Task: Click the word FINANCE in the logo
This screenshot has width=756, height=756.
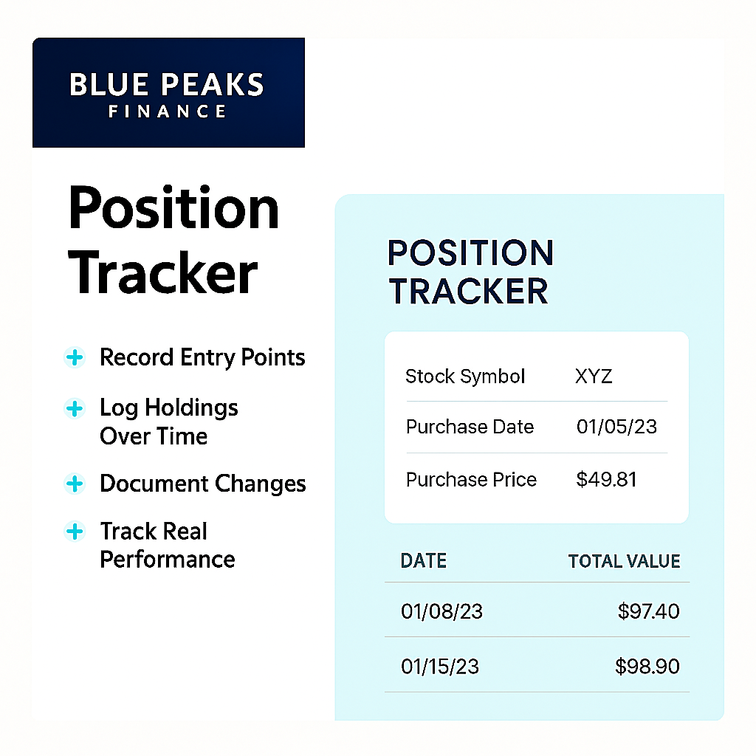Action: tap(167, 111)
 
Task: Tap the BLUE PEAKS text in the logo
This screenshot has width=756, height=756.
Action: tap(167, 84)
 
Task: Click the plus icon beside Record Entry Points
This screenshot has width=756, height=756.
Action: tap(75, 357)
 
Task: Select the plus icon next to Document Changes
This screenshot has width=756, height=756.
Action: tap(75, 484)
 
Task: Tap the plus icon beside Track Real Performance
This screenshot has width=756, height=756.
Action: tap(75, 532)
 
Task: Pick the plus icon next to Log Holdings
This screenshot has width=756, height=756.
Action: tap(75, 408)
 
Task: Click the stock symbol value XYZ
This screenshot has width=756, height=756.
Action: tap(594, 376)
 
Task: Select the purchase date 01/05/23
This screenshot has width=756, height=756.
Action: tap(616, 427)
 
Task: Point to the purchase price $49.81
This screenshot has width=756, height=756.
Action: tap(607, 479)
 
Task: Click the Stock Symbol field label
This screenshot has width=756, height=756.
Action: tap(465, 377)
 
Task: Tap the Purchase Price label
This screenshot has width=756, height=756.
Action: tap(471, 479)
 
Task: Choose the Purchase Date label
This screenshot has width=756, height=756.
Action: tap(470, 427)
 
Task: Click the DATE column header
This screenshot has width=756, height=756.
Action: tap(424, 561)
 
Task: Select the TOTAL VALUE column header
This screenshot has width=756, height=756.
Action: tap(625, 561)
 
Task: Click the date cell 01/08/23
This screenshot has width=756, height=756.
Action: tap(441, 611)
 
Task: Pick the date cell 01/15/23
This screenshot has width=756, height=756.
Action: tap(440, 667)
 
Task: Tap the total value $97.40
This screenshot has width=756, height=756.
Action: tap(648, 611)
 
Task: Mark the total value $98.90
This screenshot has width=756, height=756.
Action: tap(647, 667)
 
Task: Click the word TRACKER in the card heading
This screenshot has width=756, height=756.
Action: tap(469, 291)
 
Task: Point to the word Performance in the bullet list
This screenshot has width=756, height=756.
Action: tap(168, 560)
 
